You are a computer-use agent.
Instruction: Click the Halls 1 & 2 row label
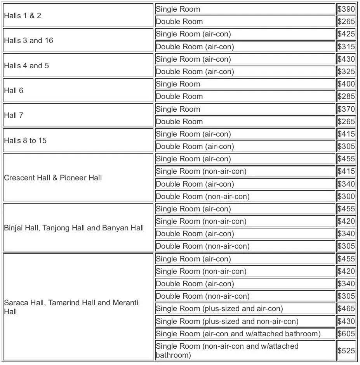[x=23, y=16]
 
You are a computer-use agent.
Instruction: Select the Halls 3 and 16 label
[x=29, y=40]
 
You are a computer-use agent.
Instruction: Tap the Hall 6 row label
[x=14, y=90]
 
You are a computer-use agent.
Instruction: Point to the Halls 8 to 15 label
[x=25, y=140]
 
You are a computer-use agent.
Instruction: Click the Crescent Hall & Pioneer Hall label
[x=53, y=178]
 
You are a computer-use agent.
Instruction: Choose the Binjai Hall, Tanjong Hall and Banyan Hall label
[x=74, y=228]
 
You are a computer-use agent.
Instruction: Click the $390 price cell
[x=346, y=9]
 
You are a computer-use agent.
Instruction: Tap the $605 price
[x=346, y=334]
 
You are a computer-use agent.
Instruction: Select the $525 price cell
[x=346, y=351]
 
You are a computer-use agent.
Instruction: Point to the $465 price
[x=346, y=309]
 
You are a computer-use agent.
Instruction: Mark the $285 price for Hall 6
[x=346, y=96]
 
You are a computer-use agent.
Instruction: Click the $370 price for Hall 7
[x=346, y=109]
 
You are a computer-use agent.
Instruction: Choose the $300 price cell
[x=346, y=196]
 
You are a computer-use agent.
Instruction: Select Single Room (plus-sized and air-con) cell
[x=219, y=309]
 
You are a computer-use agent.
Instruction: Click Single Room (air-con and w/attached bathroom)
[x=238, y=334]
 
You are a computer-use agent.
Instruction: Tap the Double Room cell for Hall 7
[x=179, y=121]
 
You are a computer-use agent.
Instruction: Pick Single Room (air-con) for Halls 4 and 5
[x=193, y=59]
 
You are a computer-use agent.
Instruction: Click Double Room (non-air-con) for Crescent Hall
[x=203, y=196]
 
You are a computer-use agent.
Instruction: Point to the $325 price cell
[x=346, y=71]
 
